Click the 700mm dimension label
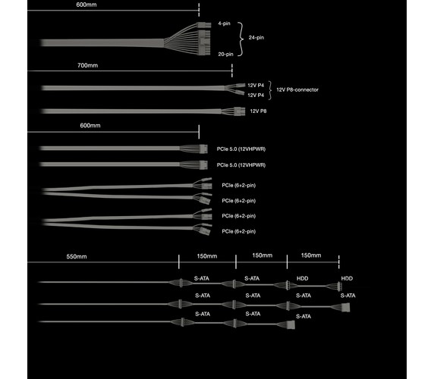(x=87, y=65)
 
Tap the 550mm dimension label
(x=77, y=256)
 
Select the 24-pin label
(x=256, y=38)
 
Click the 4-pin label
(x=224, y=23)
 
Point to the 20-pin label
(x=225, y=54)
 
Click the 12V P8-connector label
(x=297, y=89)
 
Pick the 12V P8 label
(x=258, y=111)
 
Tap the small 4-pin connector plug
(x=204, y=25)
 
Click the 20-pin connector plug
(x=205, y=42)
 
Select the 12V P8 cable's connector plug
(x=240, y=111)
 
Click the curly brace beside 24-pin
(x=241, y=39)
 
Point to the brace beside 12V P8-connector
(x=270, y=90)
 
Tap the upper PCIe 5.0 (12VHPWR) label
(x=241, y=149)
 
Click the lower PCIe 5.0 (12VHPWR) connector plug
(x=203, y=165)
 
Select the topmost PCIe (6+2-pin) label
(x=238, y=185)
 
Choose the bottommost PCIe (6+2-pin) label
(x=238, y=231)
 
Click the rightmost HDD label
(x=347, y=278)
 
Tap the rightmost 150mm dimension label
(x=311, y=255)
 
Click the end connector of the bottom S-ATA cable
(x=291, y=325)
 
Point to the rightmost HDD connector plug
(x=339, y=287)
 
